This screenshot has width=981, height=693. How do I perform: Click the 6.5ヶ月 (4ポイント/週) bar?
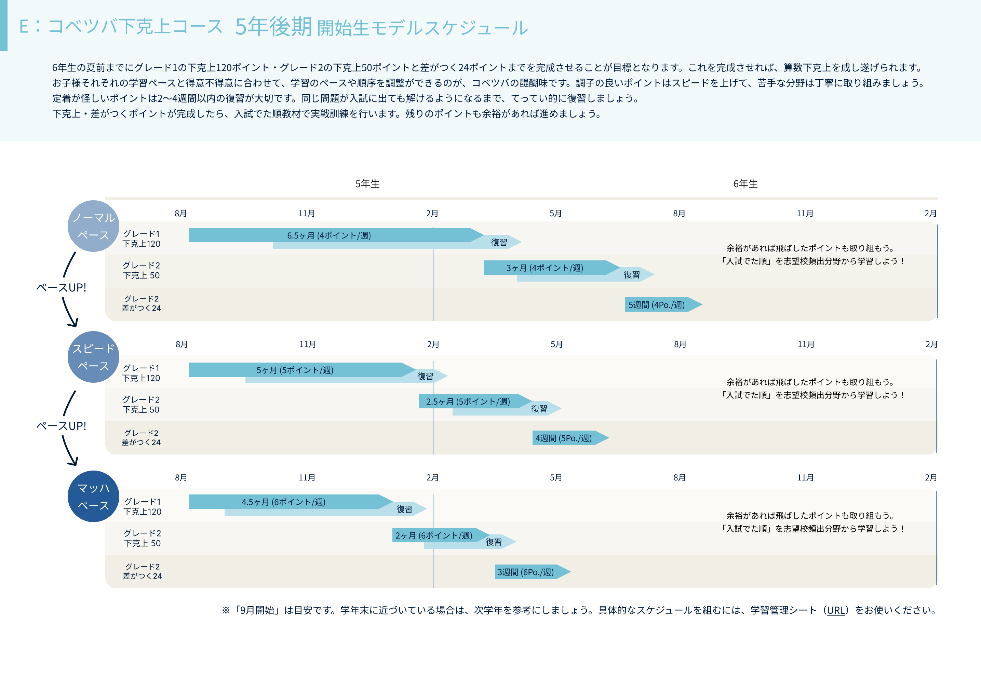(329, 235)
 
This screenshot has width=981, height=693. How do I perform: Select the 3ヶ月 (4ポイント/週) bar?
(545, 268)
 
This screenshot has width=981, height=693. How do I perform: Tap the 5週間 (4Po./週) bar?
(657, 304)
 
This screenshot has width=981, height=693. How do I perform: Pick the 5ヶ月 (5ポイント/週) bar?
(295, 370)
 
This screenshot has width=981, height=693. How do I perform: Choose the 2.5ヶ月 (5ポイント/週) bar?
(468, 402)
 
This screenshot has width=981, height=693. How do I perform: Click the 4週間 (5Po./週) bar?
(564, 438)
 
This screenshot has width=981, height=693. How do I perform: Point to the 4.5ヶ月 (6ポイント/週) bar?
(284, 502)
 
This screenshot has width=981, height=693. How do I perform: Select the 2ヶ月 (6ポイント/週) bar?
(434, 535)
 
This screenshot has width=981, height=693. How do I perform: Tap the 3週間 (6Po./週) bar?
(526, 572)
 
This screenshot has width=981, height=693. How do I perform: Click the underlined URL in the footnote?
(836, 611)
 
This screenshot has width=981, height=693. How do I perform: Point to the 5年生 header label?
(367, 184)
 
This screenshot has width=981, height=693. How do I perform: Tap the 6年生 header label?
(745, 184)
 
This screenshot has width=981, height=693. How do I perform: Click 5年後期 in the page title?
(273, 27)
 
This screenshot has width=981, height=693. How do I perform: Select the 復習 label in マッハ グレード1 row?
(404, 509)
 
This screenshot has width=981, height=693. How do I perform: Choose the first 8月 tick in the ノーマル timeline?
(181, 213)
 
